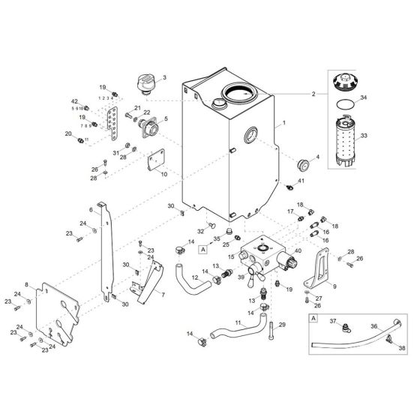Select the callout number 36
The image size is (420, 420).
click(x=373, y=325)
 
